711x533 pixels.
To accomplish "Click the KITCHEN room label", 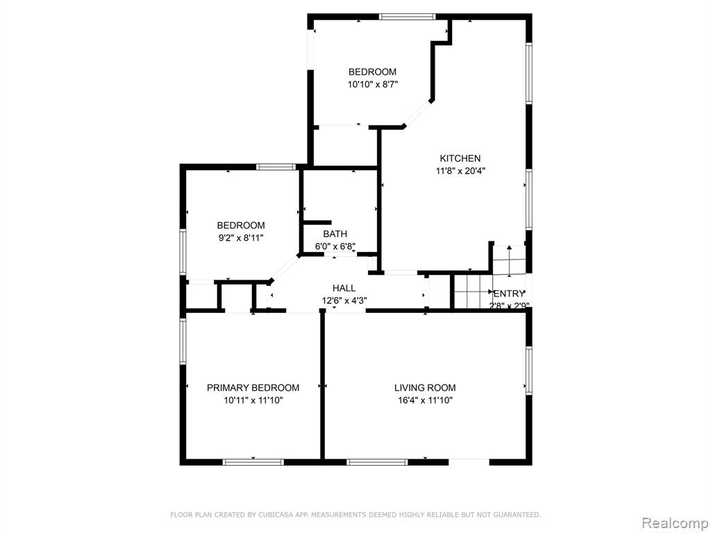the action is [x=460, y=158].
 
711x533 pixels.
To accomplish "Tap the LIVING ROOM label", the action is [x=425, y=387].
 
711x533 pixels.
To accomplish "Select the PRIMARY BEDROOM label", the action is [x=253, y=387].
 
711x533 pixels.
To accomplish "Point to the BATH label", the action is [x=335, y=234].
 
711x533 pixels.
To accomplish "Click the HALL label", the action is [x=344, y=288].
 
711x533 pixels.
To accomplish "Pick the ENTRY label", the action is [x=509, y=294].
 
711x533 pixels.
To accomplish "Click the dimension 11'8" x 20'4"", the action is [x=457, y=171].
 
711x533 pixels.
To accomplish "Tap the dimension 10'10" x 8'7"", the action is [x=373, y=84].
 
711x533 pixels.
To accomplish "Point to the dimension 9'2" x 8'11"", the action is [x=241, y=237].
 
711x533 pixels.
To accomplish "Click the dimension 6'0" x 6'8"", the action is [x=335, y=246].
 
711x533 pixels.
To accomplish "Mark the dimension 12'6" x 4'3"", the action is [x=344, y=301].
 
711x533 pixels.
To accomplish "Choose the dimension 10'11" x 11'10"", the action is [x=253, y=400].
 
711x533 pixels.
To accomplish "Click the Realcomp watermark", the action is [x=675, y=523].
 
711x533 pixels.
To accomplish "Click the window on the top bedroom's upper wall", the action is [x=407, y=17].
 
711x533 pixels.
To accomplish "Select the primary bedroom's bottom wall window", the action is [x=253, y=462].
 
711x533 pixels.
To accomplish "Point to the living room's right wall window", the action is [x=528, y=370].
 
